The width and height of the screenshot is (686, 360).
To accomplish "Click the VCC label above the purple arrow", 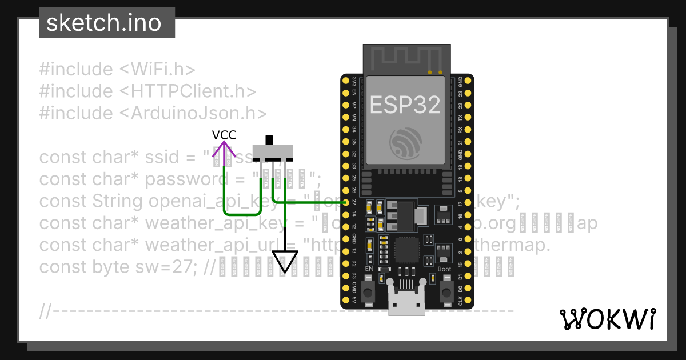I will [x=224, y=135].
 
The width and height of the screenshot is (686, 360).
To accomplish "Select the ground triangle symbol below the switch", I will [x=285, y=262].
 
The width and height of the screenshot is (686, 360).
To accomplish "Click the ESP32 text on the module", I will [x=405, y=105].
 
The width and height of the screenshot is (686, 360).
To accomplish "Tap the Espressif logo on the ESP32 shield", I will [x=405, y=143].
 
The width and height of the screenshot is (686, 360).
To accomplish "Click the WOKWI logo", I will [x=607, y=319].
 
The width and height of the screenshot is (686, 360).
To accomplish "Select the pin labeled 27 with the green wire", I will [x=346, y=202].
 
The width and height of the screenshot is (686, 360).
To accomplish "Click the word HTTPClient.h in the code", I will [x=193, y=91].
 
